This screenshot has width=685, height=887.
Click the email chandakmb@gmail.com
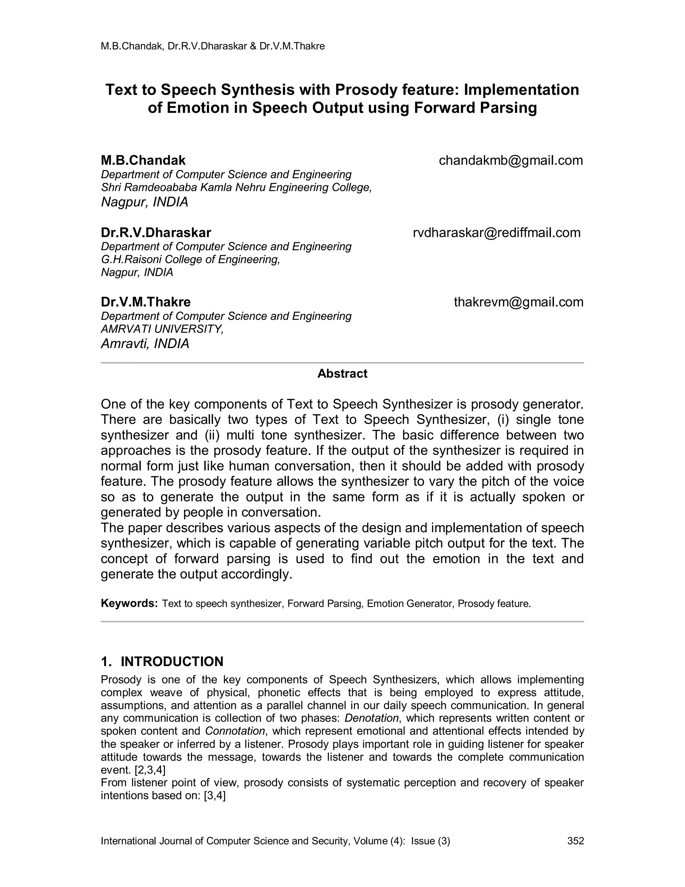point(510,160)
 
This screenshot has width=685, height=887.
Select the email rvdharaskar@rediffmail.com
point(496,233)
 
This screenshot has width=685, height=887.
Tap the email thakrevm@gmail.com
point(518,302)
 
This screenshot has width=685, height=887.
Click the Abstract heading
point(342,374)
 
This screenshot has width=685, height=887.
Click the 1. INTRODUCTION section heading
point(162,662)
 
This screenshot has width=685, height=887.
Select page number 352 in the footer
point(575,841)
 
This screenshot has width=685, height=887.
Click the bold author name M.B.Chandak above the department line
point(143,160)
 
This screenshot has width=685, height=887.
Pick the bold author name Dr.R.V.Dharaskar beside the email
point(156,233)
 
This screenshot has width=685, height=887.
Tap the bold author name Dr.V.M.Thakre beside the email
point(146,302)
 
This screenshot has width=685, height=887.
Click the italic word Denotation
point(372,718)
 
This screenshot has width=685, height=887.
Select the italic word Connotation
point(235,731)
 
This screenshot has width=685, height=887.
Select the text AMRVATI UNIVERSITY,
point(162,329)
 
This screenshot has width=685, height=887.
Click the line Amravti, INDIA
point(145,344)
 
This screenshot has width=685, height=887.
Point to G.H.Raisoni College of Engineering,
point(190,259)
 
